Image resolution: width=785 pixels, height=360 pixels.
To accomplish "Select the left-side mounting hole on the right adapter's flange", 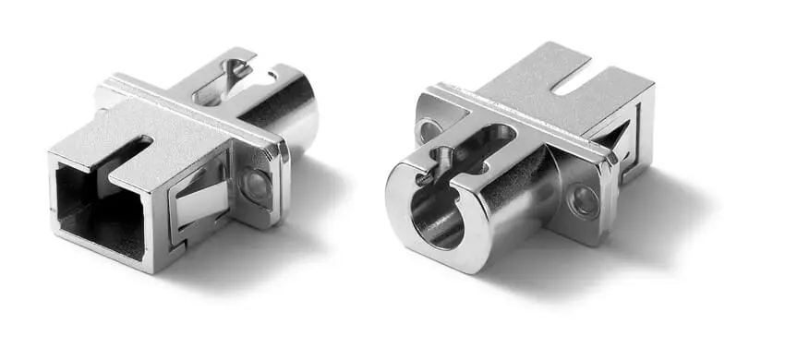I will click(429, 129).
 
